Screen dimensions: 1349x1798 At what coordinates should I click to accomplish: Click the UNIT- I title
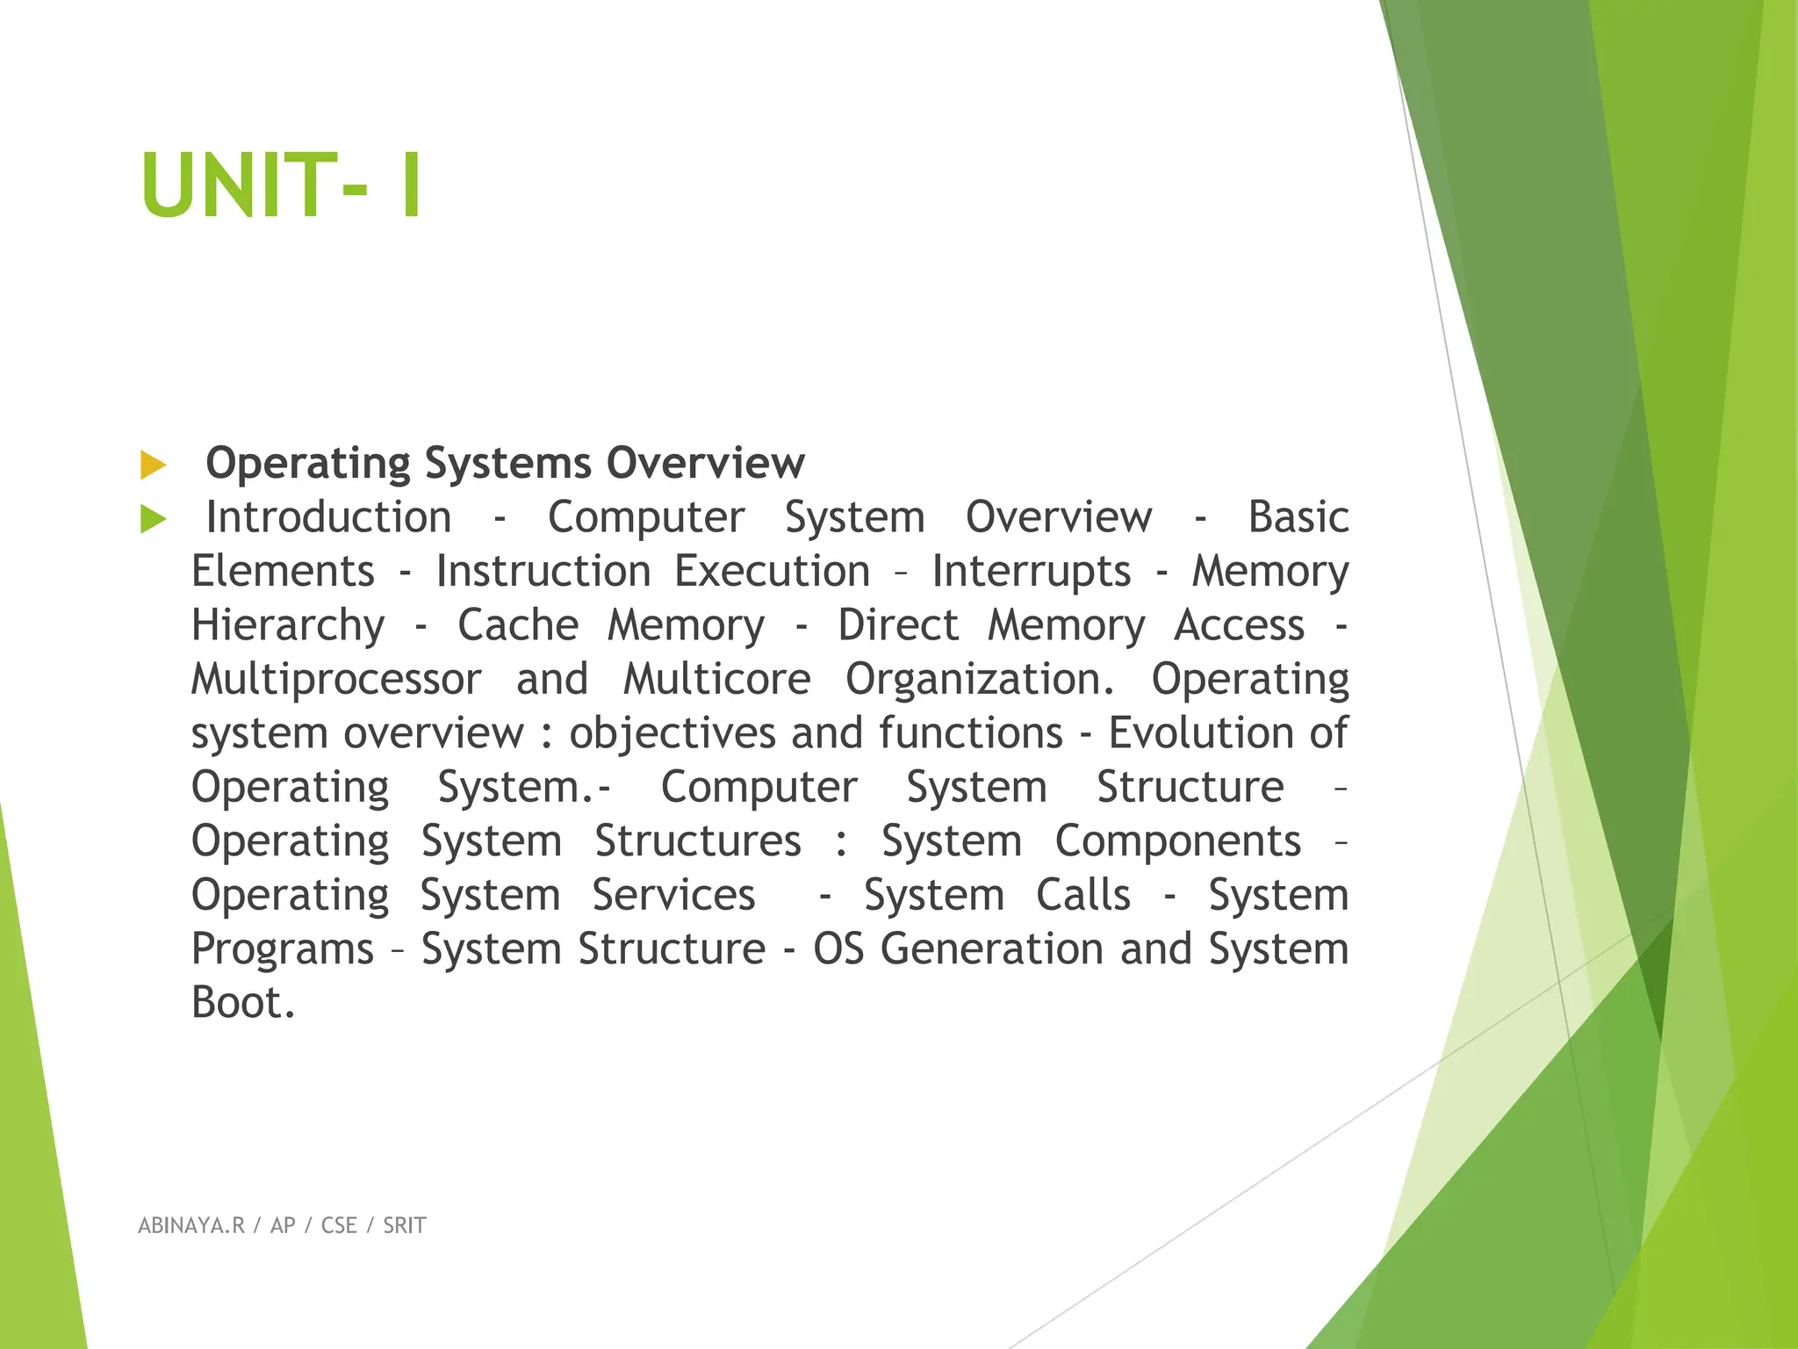click(281, 185)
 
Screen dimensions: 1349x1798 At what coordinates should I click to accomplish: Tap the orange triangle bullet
click(153, 465)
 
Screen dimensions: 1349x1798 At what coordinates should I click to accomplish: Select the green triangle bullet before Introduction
click(153, 519)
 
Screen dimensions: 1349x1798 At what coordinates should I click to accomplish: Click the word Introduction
click(328, 517)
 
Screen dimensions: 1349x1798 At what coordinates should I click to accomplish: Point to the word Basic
click(1298, 517)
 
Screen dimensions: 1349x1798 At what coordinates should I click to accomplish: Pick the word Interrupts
click(1031, 572)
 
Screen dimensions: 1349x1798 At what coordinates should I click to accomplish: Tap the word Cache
click(518, 625)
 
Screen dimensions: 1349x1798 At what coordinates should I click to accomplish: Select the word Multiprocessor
click(336, 680)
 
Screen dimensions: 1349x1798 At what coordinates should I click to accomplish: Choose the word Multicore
click(716, 680)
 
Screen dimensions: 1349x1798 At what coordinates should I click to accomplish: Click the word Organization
click(979, 680)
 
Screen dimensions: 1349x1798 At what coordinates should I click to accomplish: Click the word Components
click(1177, 842)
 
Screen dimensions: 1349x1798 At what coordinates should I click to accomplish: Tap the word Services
click(673, 896)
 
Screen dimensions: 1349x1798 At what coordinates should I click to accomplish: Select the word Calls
click(1082, 896)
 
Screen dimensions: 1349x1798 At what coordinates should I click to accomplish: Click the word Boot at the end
click(242, 1004)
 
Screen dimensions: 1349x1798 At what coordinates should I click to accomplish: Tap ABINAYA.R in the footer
click(191, 1226)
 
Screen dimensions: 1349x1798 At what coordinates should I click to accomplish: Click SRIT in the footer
click(404, 1226)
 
